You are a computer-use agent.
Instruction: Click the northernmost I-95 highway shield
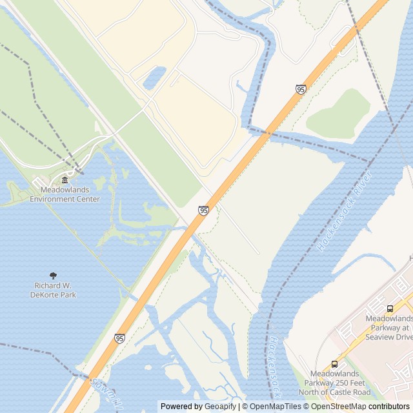click(301, 89)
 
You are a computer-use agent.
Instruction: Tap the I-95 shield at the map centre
click(203, 210)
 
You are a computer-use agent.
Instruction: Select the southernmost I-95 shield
click(119, 338)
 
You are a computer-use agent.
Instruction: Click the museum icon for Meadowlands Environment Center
click(65, 180)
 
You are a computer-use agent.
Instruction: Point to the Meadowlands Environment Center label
click(65, 195)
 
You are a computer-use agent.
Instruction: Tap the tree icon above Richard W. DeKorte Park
click(54, 276)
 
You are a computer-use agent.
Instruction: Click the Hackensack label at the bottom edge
click(277, 365)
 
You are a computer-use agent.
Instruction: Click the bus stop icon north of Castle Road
click(334, 364)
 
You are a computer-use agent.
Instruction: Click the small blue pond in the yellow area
click(154, 78)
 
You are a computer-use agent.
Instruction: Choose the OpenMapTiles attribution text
click(276, 407)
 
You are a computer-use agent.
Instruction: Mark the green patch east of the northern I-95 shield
click(339, 114)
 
